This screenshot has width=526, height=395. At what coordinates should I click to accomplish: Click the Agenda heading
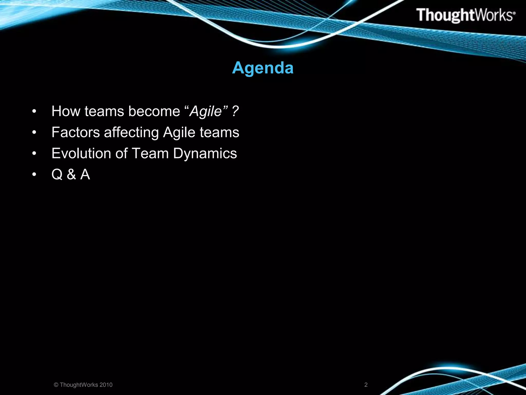click(x=262, y=68)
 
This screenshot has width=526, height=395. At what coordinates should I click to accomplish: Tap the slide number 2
click(x=366, y=385)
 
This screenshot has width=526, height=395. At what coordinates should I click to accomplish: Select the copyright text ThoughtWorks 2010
click(x=83, y=385)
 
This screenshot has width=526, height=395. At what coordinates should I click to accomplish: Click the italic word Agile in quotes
click(x=205, y=112)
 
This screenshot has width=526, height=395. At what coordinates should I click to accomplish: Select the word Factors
click(x=76, y=133)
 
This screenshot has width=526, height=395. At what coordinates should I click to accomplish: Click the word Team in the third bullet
click(x=150, y=154)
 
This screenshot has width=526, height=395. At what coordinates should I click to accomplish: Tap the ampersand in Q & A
click(x=71, y=175)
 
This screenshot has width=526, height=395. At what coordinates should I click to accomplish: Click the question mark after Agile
click(x=235, y=112)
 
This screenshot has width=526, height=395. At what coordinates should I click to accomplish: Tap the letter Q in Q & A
click(x=57, y=175)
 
